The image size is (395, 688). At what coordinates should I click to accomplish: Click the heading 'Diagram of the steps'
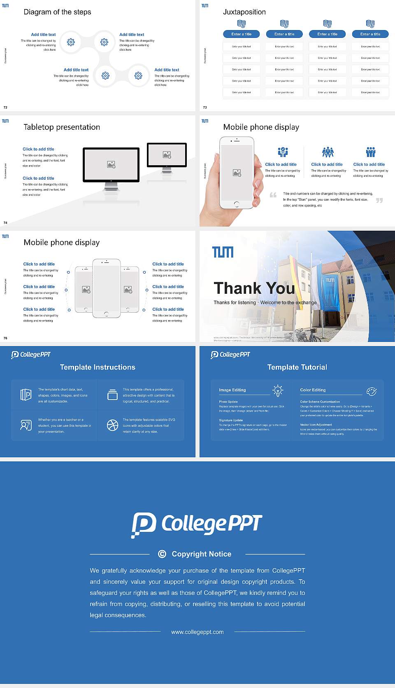point(57,12)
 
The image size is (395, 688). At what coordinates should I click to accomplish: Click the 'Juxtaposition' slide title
point(244,12)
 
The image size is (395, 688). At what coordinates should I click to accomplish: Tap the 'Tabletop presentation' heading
point(62,127)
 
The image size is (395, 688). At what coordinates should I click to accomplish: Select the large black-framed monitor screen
point(111,165)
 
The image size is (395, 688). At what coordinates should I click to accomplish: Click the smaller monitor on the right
point(167,154)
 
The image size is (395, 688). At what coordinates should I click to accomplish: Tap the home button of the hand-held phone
point(236,204)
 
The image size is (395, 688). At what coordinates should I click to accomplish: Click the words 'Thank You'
point(254,288)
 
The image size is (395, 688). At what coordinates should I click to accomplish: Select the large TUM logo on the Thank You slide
point(223,252)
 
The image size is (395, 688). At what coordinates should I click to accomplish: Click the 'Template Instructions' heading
point(98,367)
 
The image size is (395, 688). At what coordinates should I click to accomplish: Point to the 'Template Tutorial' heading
point(297,367)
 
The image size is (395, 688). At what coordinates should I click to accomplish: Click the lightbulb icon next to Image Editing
point(278,391)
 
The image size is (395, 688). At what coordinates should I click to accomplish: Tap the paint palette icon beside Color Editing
point(372,391)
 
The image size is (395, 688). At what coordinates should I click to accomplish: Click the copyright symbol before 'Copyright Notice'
point(162,554)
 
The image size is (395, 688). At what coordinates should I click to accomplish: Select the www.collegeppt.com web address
point(197,632)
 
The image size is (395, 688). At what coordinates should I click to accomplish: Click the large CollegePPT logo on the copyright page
point(197,524)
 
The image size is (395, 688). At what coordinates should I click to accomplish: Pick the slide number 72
point(5,108)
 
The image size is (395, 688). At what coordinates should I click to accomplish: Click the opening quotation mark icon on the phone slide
point(273,195)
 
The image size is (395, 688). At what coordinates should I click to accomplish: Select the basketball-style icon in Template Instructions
point(112,425)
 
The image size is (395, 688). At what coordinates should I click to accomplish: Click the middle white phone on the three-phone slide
point(106,288)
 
